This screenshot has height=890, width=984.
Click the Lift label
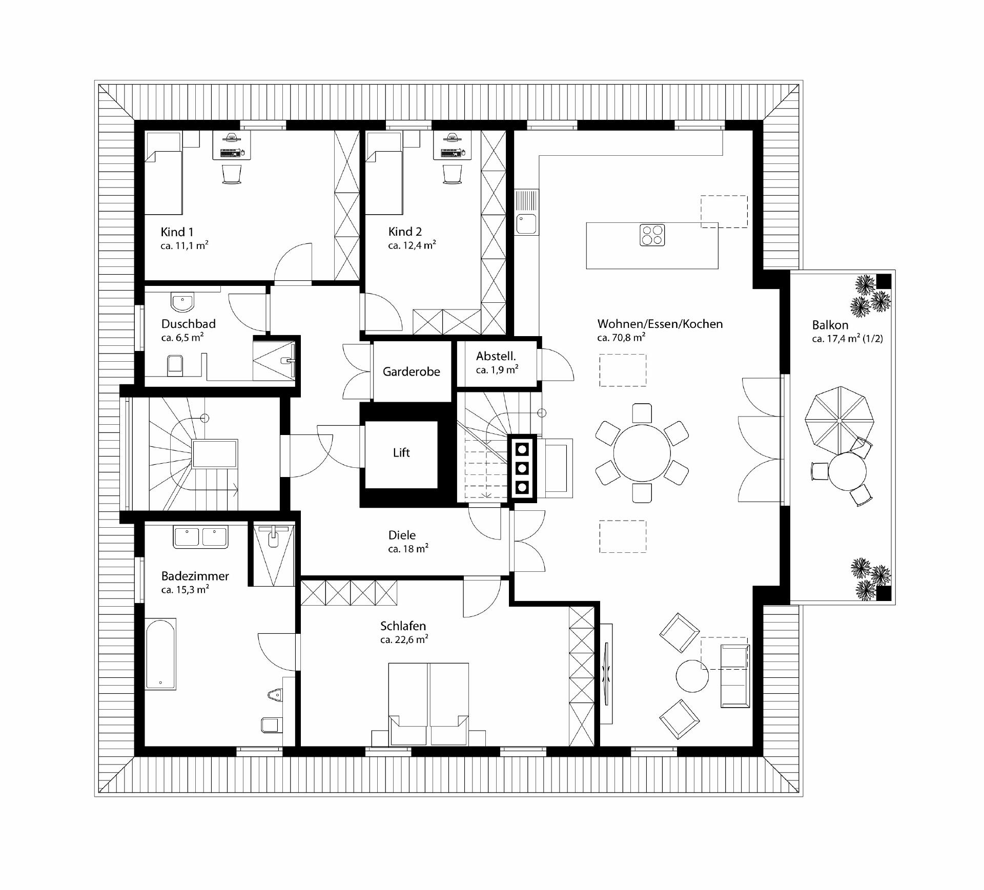[401, 452]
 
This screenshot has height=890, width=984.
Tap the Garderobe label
[411, 371]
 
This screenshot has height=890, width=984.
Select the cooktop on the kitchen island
[652, 235]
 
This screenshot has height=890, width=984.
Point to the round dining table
[642, 453]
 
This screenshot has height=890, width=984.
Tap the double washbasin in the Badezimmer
[200, 537]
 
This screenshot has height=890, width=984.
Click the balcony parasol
[839, 419]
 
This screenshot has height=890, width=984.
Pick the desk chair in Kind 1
[232, 174]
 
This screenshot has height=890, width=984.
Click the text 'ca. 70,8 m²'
[621, 338]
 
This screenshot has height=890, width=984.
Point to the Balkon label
[830, 325]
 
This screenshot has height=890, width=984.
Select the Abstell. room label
[496, 356]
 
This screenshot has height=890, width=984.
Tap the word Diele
[402, 535]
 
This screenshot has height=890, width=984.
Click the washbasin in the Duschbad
[182, 302]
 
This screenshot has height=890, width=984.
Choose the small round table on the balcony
[847, 471]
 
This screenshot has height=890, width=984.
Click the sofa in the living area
[734, 676]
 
